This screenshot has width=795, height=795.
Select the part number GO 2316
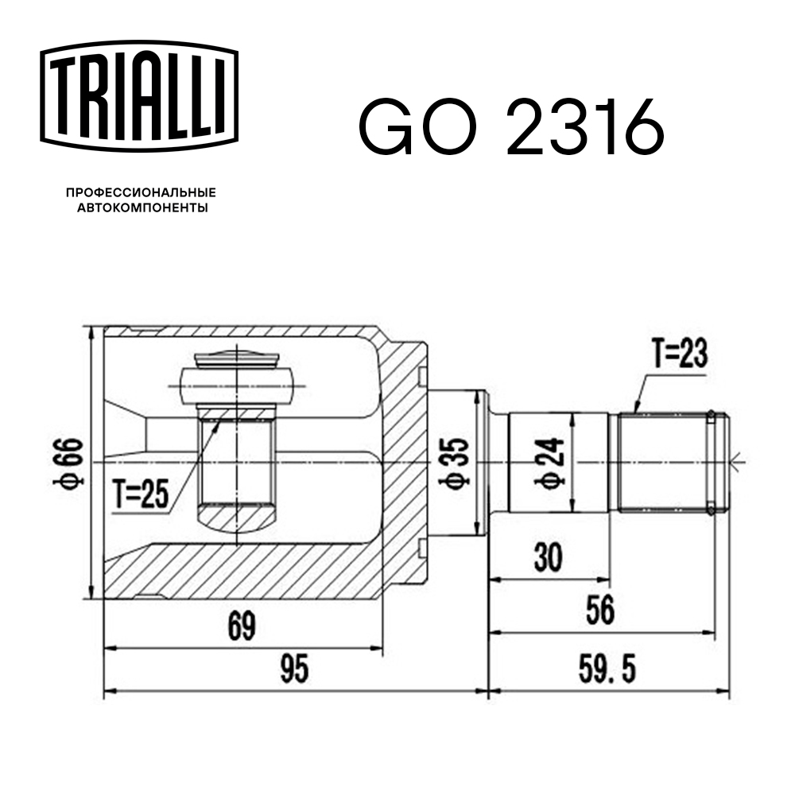(x=510, y=127)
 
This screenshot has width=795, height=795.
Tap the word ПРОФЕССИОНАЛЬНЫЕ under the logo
(x=141, y=192)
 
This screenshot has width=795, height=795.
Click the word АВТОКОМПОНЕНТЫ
(x=141, y=208)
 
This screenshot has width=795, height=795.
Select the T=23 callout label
(x=679, y=353)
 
